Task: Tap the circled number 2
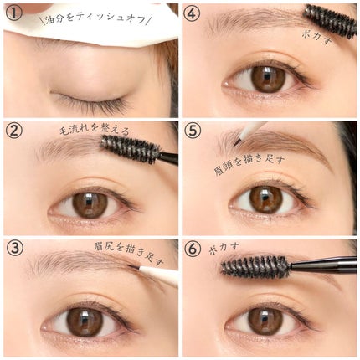[14, 131]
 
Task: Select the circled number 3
[14, 248]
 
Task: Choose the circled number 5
[193, 131]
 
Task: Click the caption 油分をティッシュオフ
[95, 20]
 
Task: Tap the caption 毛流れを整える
[95, 131]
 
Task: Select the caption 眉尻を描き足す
[129, 255]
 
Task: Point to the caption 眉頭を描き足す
[249, 166]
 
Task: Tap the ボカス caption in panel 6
[224, 248]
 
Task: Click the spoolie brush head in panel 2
[131, 149]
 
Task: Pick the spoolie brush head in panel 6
[255, 266]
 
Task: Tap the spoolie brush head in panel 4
[331, 21]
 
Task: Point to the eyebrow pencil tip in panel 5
[236, 143]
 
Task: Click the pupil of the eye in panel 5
[266, 200]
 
